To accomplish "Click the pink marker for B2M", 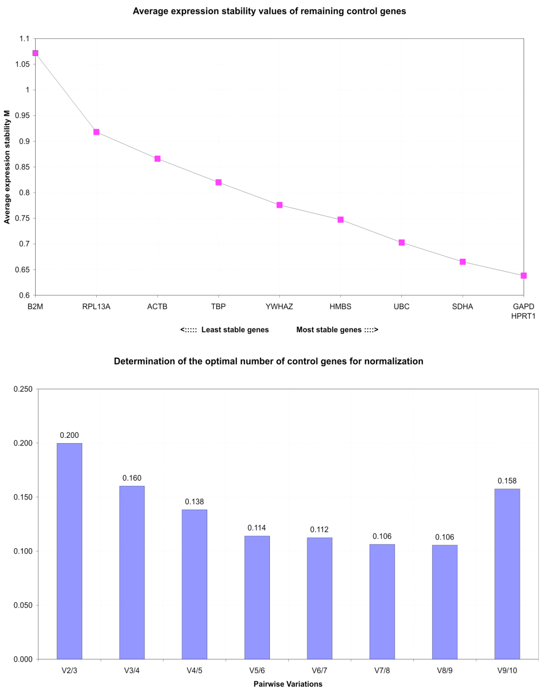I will (35, 53).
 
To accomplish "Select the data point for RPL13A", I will (96, 132).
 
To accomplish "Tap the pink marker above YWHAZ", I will (280, 205).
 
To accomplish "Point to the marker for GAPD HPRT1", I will (524, 275).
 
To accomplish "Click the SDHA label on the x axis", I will (463, 307).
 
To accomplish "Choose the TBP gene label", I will (219, 307).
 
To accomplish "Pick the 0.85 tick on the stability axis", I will (22, 167).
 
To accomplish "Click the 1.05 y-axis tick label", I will (22, 64).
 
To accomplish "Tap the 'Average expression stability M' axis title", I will (7, 167).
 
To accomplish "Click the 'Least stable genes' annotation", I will (235, 330).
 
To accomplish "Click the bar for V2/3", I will (69, 551).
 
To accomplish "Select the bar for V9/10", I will (507, 574).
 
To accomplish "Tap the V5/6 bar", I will (257, 597).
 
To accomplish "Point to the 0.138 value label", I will (194, 502).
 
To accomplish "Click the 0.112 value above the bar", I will (319, 530).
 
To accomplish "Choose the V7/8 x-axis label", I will (382, 671).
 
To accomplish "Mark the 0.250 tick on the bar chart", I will (23, 389).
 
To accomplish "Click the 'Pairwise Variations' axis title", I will (288, 684).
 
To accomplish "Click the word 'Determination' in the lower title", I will (140, 361).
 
